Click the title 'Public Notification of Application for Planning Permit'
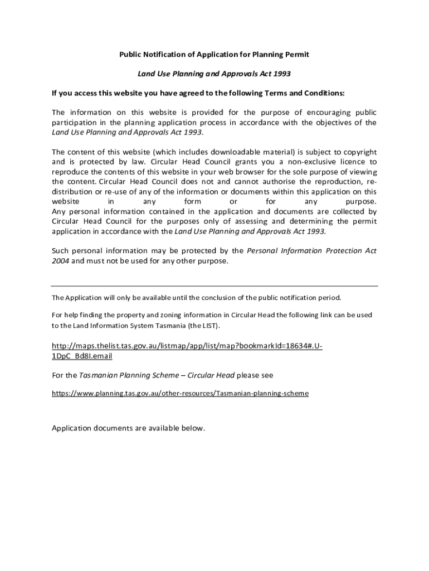[214, 55]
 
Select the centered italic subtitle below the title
[214, 74]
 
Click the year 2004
[60, 261]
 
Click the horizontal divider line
[214, 286]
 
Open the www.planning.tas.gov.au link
[179, 393]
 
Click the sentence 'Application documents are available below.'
[129, 428]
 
